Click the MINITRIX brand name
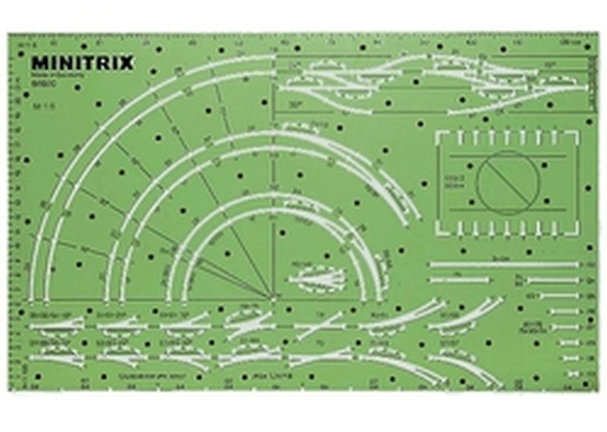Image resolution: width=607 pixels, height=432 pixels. click(x=82, y=63)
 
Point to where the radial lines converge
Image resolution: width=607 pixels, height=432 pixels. click(x=271, y=296)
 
